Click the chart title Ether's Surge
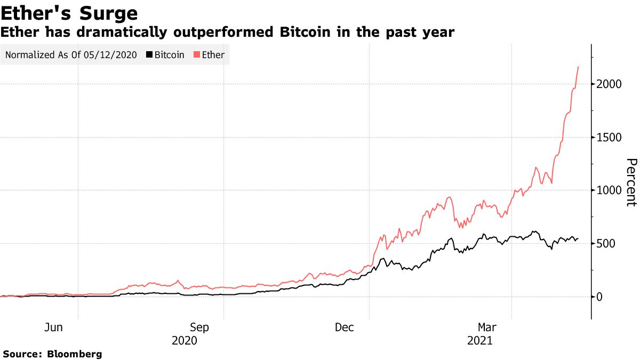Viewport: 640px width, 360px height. (x=69, y=13)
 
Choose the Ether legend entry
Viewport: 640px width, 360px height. (x=213, y=55)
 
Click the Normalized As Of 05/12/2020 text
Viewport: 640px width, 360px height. (x=71, y=55)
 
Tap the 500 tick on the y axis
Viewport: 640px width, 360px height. (x=606, y=244)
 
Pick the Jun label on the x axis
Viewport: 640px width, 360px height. (x=54, y=327)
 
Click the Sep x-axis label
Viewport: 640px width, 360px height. (x=199, y=327)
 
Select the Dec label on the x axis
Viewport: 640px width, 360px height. (x=345, y=327)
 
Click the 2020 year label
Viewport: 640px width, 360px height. (x=185, y=340)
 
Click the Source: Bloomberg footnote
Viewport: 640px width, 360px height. (x=52, y=354)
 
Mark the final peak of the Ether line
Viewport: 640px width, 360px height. (x=579, y=67)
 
